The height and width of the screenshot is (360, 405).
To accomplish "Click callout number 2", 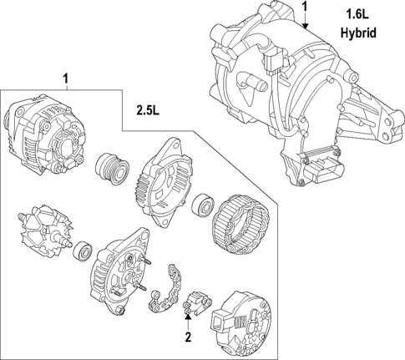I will [x=188, y=337].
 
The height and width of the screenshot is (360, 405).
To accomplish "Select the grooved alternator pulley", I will [x=113, y=168].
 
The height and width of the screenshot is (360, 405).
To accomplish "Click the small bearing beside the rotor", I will [x=83, y=249].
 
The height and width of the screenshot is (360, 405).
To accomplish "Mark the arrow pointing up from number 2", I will [x=188, y=322].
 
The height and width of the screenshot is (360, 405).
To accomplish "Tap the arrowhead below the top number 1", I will [x=306, y=27].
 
